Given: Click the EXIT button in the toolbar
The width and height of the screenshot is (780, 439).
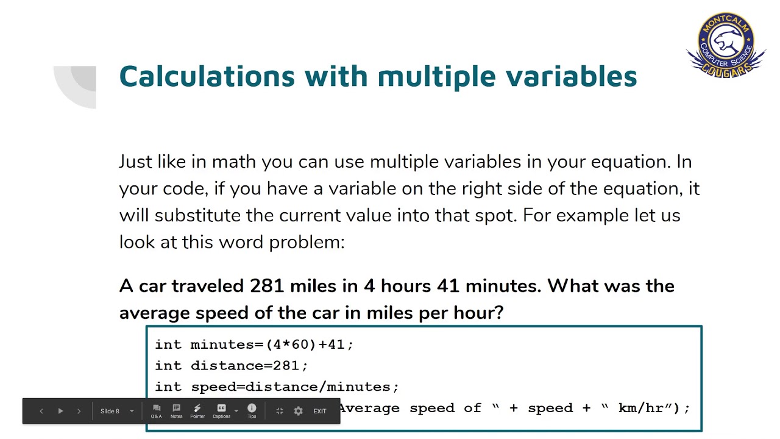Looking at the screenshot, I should [320, 411].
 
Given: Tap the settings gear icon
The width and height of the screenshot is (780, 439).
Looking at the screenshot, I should [298, 411].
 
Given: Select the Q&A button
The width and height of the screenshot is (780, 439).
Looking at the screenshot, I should [157, 411].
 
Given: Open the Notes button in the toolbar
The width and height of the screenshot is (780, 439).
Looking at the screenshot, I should [176, 411].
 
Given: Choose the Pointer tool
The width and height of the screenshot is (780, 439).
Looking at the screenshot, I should [197, 411].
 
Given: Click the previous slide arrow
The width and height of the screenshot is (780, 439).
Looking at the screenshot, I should [41, 411].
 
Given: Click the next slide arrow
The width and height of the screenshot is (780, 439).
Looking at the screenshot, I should [79, 411].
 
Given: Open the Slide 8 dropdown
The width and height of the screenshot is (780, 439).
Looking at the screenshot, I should [117, 411].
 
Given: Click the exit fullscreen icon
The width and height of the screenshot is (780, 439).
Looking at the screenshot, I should [280, 411].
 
